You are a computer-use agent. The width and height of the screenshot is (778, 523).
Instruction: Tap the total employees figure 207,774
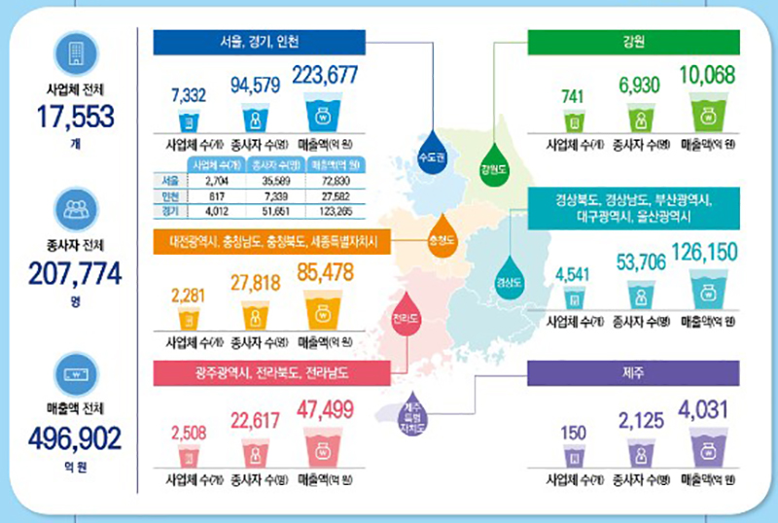click(x=76, y=276)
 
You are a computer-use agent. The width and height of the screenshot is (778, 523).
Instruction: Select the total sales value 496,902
click(x=76, y=439)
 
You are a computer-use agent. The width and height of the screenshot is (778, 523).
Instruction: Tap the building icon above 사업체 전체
click(x=76, y=52)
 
